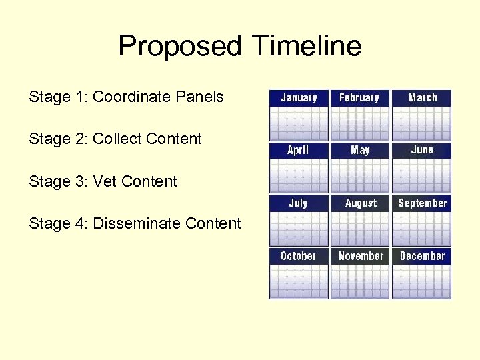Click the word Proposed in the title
click(180, 47)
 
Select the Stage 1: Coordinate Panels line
click(126, 97)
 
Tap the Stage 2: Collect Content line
click(115, 139)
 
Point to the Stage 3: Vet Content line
click(103, 181)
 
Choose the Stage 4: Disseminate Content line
click(135, 223)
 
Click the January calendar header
click(299, 97)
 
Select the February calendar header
click(359, 97)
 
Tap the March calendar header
click(422, 97)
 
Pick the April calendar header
click(298, 150)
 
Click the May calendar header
click(360, 150)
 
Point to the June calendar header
click(422, 150)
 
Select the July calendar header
click(298, 203)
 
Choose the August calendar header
click(361, 203)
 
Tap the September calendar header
click(422, 203)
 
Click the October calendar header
click(298, 256)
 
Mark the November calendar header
click(361, 256)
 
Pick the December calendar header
click(422, 256)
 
